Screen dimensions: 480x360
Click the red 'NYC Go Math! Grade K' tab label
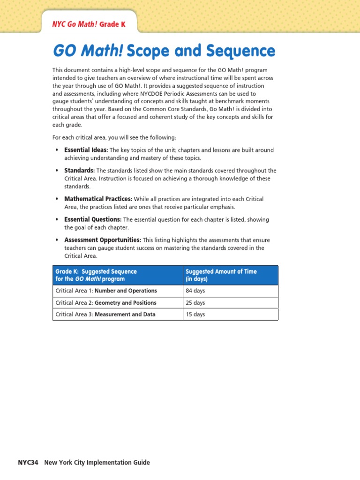pos(89,24)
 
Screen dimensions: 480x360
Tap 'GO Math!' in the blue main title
pos(87,51)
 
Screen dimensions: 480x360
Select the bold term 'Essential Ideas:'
pos(86,150)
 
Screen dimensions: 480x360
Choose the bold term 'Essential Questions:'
pos(93,219)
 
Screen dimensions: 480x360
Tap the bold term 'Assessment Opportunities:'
pos(103,240)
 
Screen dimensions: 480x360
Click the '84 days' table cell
pos(195,291)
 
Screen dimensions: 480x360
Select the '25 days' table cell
pos(195,303)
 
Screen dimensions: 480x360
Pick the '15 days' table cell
pos(195,315)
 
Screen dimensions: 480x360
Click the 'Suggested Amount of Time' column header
pos(221,271)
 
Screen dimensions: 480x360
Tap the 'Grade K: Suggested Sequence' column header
pos(96,271)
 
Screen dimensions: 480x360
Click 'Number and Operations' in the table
pos(126,291)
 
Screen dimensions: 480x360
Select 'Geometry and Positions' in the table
pos(126,303)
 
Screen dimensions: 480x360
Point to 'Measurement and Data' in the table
pos(125,315)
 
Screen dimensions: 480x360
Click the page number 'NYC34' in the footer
pos(28,462)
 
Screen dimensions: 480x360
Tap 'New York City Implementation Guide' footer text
pos(97,462)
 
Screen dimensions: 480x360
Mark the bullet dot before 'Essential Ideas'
pos(57,150)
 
